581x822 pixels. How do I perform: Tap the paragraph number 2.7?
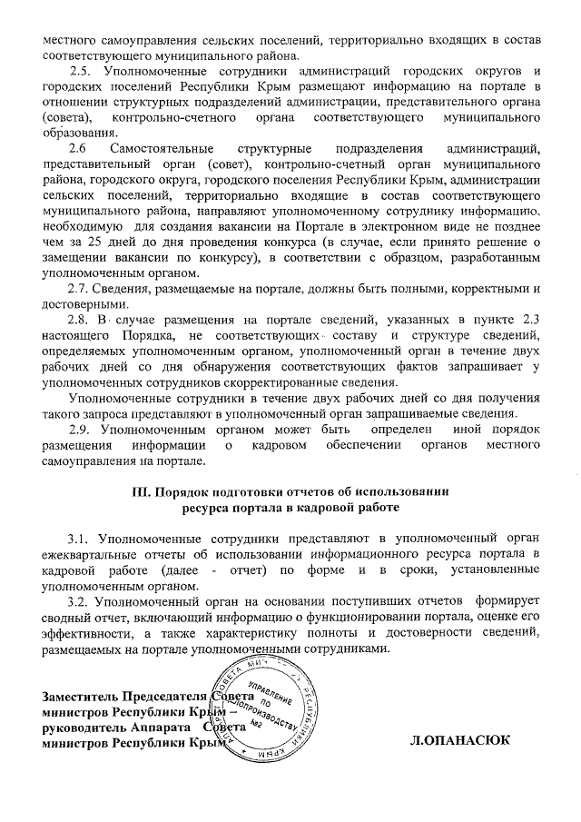(81, 289)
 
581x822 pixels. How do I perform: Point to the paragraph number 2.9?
(81, 428)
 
